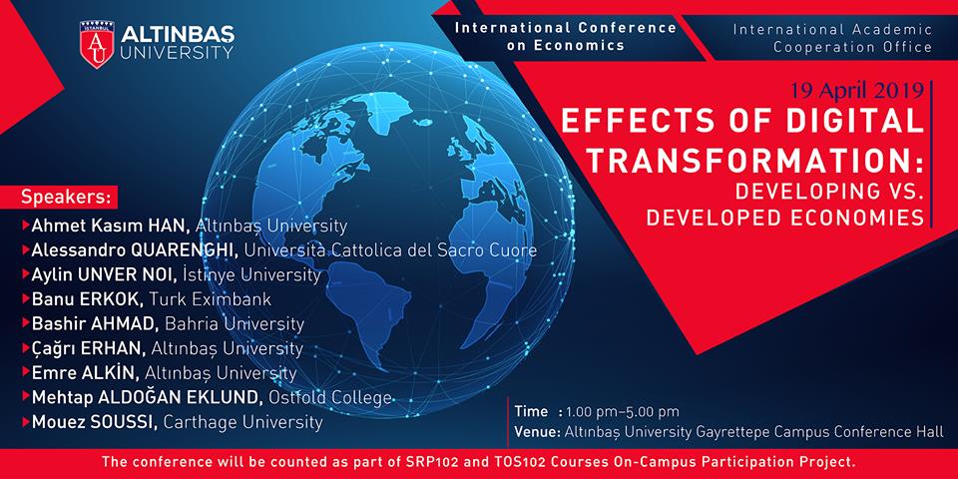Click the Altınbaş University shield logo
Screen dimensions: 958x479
(97, 44)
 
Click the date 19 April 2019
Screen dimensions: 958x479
(856, 91)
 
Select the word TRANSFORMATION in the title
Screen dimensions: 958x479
(750, 160)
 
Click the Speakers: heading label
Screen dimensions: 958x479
(67, 198)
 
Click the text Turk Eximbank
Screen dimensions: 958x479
(219, 300)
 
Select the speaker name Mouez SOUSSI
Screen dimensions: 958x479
(95, 422)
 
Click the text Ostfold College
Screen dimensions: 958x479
(330, 398)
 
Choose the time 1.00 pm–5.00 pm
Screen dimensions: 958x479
(623, 411)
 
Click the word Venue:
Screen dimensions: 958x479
(537, 432)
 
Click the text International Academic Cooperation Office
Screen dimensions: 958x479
(832, 38)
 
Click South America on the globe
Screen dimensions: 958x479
(372, 311)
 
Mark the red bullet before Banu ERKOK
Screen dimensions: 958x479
(26, 299)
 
